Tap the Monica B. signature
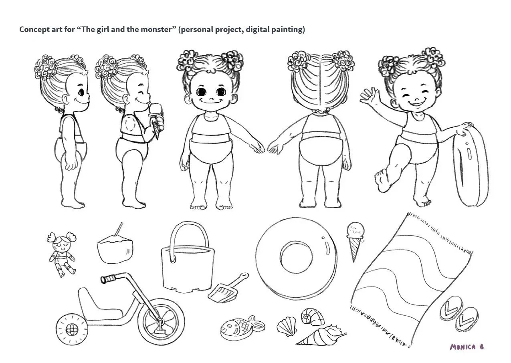click(467, 347)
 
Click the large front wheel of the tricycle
click(161, 322)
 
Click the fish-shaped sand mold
click(242, 327)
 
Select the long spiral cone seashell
click(321, 335)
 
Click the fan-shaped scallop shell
click(287, 326)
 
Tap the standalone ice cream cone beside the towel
click(355, 241)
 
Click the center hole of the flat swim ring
click(296, 257)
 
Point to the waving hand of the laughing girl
click(369, 96)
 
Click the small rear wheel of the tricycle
click(72, 329)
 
